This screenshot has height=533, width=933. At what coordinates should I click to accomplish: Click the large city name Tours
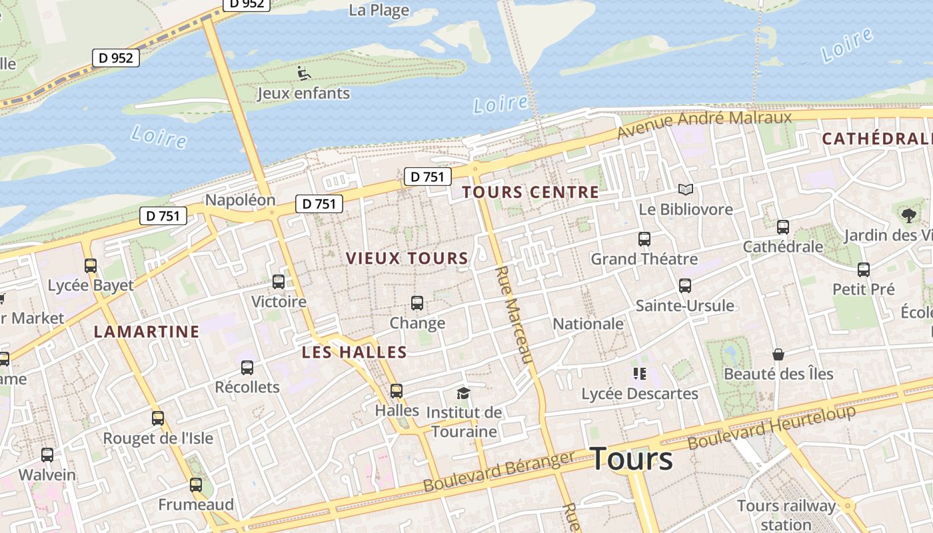coord(631,459)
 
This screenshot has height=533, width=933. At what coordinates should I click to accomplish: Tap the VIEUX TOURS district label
coord(407,259)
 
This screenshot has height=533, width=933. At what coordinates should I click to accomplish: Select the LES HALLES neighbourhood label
coord(354,352)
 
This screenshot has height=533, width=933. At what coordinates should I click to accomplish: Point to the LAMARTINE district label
coord(147,331)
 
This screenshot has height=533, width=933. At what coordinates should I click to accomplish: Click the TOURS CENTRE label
coord(530,193)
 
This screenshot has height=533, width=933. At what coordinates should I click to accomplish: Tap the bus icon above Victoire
coord(279,282)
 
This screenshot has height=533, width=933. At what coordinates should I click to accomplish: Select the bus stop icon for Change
coord(417,303)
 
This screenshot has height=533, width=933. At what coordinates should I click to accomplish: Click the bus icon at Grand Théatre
coord(644,239)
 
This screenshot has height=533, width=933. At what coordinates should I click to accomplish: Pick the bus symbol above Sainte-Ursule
coord(684,286)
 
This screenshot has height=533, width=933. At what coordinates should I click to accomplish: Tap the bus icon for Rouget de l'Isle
coord(158,418)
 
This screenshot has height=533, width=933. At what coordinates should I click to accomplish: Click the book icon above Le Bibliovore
coord(685,189)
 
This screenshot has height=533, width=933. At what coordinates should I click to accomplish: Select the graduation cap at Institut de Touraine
coord(463,393)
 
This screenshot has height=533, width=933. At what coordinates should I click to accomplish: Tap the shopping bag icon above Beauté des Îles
coord(778,354)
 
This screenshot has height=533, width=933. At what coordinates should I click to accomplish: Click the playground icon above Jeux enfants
coord(304,73)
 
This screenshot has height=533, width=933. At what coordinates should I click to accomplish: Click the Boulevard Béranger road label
coord(498,472)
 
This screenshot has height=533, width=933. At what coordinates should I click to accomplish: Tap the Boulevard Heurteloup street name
coord(771,427)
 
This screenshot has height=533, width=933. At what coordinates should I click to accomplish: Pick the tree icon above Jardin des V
coord(908,215)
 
